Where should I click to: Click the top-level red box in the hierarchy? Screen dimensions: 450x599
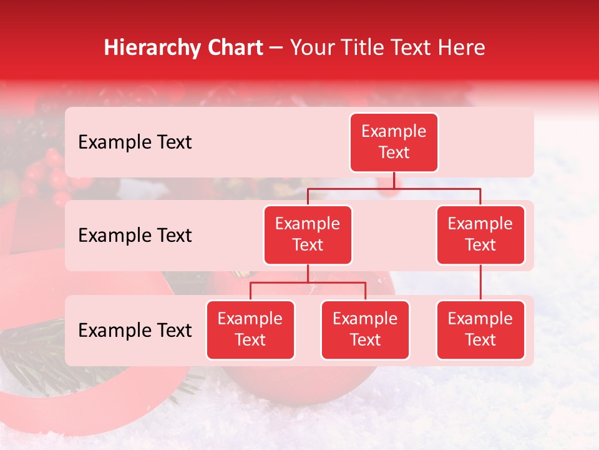394,142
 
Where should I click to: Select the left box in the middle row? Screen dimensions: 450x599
308,235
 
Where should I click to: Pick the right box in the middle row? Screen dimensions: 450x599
480,235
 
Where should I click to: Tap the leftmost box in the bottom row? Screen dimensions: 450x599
250,330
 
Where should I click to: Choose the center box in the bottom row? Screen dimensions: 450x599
365,330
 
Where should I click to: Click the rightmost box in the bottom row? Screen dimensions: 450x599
480,330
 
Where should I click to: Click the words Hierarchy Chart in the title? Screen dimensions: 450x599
183,48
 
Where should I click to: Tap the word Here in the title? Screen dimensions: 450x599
462,48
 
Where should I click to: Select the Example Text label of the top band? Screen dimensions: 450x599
135,142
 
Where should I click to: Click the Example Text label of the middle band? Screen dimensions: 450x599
135,236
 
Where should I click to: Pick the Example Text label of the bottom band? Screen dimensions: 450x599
135,331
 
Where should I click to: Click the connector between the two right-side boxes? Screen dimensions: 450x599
480,282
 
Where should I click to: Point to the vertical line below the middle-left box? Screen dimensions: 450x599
308,274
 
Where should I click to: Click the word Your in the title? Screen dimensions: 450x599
311,48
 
